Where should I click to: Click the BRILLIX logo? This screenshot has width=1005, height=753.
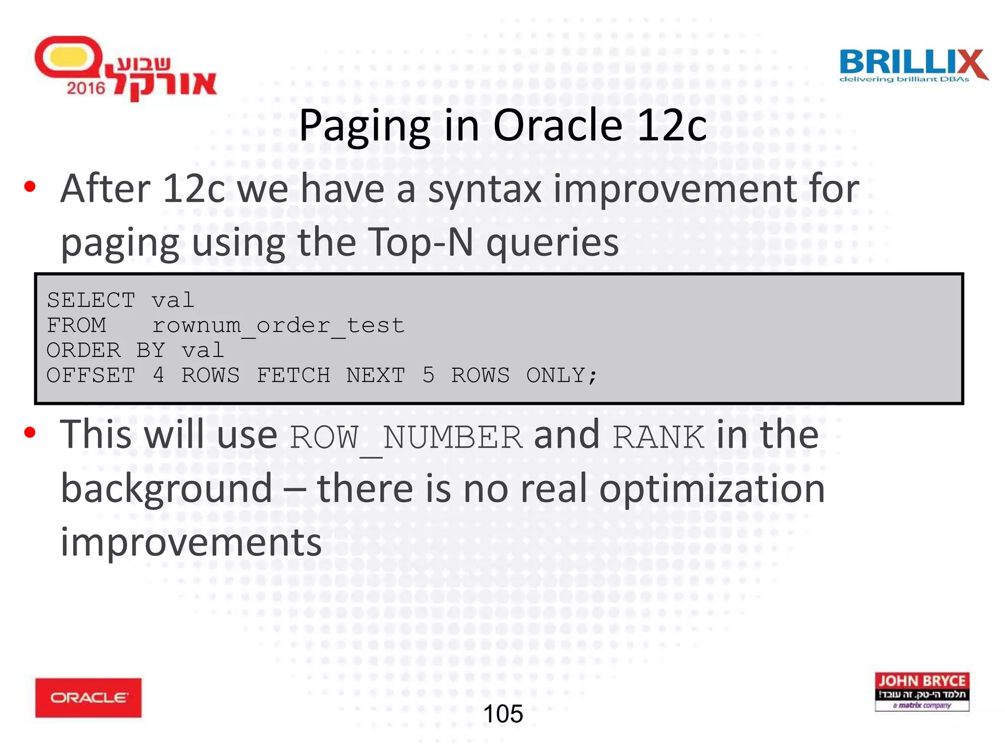point(913,66)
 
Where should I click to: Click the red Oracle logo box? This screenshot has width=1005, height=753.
point(88,697)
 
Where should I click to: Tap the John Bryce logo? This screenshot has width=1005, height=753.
point(922,691)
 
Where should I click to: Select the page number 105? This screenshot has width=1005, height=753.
point(503,714)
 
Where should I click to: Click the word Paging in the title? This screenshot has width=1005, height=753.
point(364,126)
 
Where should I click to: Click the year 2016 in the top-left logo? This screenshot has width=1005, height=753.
point(86,88)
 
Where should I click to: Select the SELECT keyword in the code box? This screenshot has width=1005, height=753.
point(91,300)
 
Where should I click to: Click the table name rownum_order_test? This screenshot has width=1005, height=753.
point(278,326)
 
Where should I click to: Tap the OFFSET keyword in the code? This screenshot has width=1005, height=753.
point(91,376)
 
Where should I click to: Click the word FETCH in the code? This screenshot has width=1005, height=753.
point(293,376)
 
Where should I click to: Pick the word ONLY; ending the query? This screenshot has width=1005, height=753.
point(561,376)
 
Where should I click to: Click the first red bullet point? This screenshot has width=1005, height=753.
point(30,187)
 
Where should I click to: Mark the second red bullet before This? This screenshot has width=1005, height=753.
point(30,432)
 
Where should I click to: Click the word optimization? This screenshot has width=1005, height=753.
point(712,489)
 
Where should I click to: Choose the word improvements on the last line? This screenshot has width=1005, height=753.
point(191,542)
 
